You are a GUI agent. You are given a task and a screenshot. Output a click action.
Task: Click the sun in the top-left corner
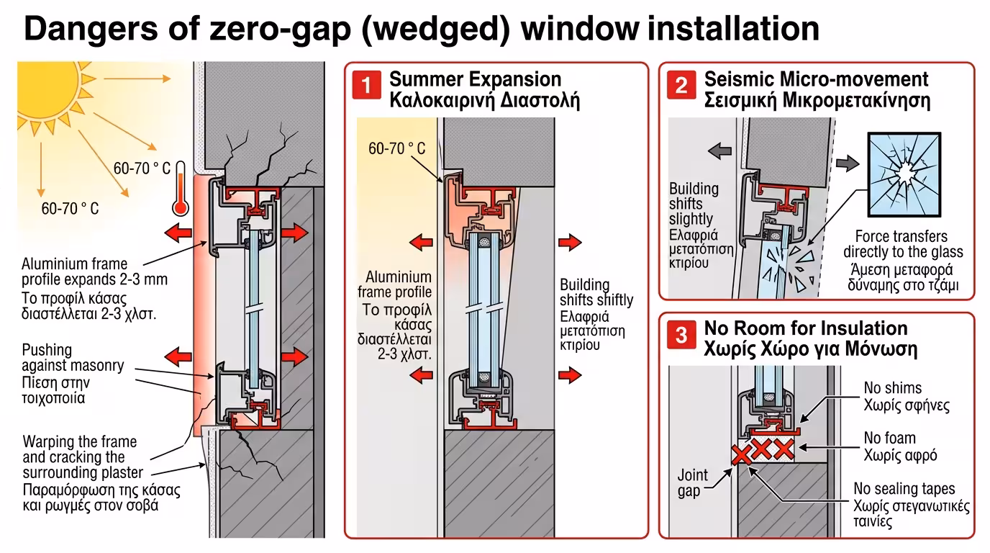45,94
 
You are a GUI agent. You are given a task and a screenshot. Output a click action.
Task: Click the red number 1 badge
366,86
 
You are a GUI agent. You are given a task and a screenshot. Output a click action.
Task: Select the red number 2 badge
681,86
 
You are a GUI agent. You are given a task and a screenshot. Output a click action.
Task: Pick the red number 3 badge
681,336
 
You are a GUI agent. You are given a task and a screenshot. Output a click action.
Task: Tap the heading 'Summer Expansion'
475,78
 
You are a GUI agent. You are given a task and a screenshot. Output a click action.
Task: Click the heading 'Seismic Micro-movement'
816,78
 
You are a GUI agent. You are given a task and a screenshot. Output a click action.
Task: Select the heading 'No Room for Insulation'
806,328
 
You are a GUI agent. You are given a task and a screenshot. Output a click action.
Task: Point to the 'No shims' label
892,388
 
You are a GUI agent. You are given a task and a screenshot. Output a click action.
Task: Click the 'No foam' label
890,438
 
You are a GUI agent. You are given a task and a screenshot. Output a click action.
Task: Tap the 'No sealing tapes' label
904,489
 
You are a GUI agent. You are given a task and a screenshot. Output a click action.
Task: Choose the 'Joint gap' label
692,483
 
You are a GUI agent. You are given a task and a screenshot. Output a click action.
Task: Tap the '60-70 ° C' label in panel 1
397,149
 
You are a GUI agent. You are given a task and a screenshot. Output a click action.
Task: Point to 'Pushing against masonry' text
72,358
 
